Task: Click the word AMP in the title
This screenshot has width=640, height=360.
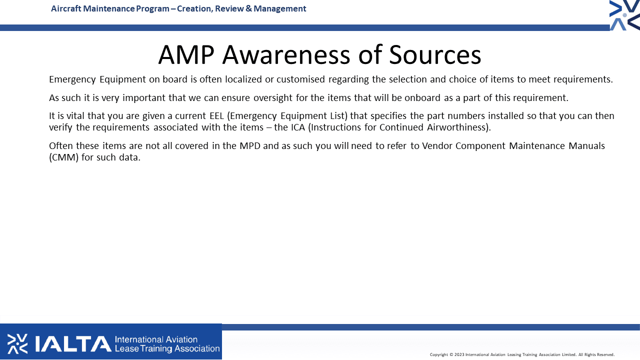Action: click(186, 54)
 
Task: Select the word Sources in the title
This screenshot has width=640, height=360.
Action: click(435, 54)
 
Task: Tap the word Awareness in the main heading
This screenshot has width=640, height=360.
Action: click(286, 54)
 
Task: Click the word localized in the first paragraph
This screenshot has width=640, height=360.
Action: click(243, 79)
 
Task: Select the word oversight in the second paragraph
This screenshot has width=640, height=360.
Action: click(273, 97)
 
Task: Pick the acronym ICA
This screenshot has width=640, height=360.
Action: click(298, 127)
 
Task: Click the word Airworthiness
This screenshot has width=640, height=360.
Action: click(456, 127)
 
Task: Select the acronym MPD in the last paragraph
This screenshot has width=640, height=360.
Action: click(250, 145)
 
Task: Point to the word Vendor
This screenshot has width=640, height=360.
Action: click(437, 145)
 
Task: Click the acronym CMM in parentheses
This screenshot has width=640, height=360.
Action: click(63, 157)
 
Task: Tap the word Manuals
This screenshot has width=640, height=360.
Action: click(586, 145)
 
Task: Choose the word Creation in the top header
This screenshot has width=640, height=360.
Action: click(195, 8)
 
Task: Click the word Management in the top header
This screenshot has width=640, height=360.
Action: click(279, 8)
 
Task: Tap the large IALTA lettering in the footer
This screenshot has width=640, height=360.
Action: click(73, 343)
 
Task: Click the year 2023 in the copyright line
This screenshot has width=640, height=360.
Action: click(459, 354)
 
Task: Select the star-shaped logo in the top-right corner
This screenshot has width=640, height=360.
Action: click(624, 15)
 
